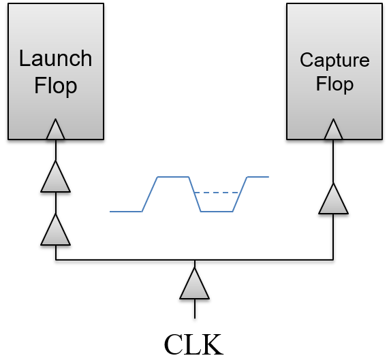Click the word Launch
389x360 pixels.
pos(55,59)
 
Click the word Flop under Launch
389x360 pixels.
pos(55,86)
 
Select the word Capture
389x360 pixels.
pos(334,60)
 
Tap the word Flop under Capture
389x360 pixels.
pos(334,84)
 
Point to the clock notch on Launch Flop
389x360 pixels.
pos(55,129)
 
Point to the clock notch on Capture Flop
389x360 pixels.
pos(333,129)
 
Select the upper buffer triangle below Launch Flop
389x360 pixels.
pos(55,178)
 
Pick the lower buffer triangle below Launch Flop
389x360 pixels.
pos(55,231)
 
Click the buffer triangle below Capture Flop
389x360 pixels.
pos(333,200)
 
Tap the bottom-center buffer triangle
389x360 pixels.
pos(194,284)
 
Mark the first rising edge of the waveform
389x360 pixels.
pos(150,194)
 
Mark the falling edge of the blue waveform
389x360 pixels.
pos(195,194)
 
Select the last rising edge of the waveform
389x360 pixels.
pos(240,194)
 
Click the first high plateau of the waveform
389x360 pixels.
pos(173,177)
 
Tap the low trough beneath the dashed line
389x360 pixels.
pos(217,211)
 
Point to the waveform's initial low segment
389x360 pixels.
pos(126,211)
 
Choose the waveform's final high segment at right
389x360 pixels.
pos(258,177)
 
